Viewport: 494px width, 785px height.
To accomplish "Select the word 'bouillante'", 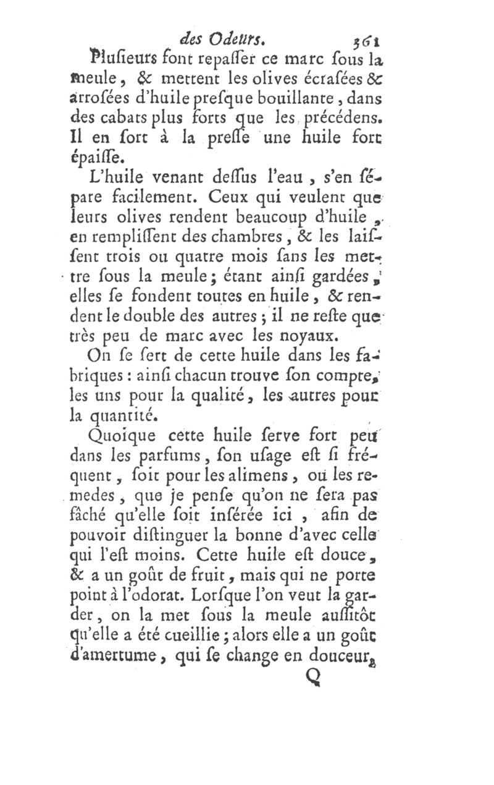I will pos(307,96).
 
